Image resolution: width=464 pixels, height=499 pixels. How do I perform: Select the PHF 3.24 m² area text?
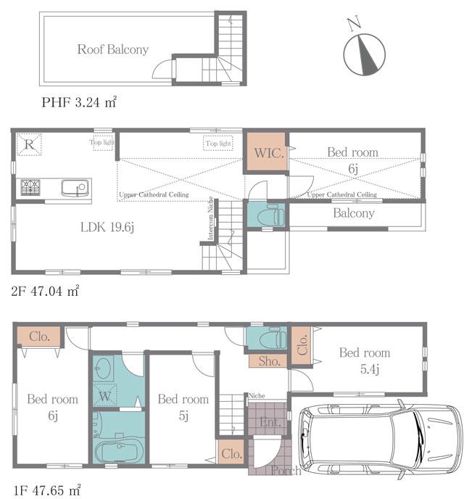pos(79,102)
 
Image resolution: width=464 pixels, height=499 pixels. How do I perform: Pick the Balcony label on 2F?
pos(354,213)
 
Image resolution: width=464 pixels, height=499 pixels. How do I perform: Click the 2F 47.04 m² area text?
pos(44,291)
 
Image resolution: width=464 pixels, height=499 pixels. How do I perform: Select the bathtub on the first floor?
pos(120,451)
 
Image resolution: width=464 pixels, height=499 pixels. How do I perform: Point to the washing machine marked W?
pos(105,396)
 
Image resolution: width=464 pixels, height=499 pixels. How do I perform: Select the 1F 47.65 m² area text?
pos(44,490)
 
